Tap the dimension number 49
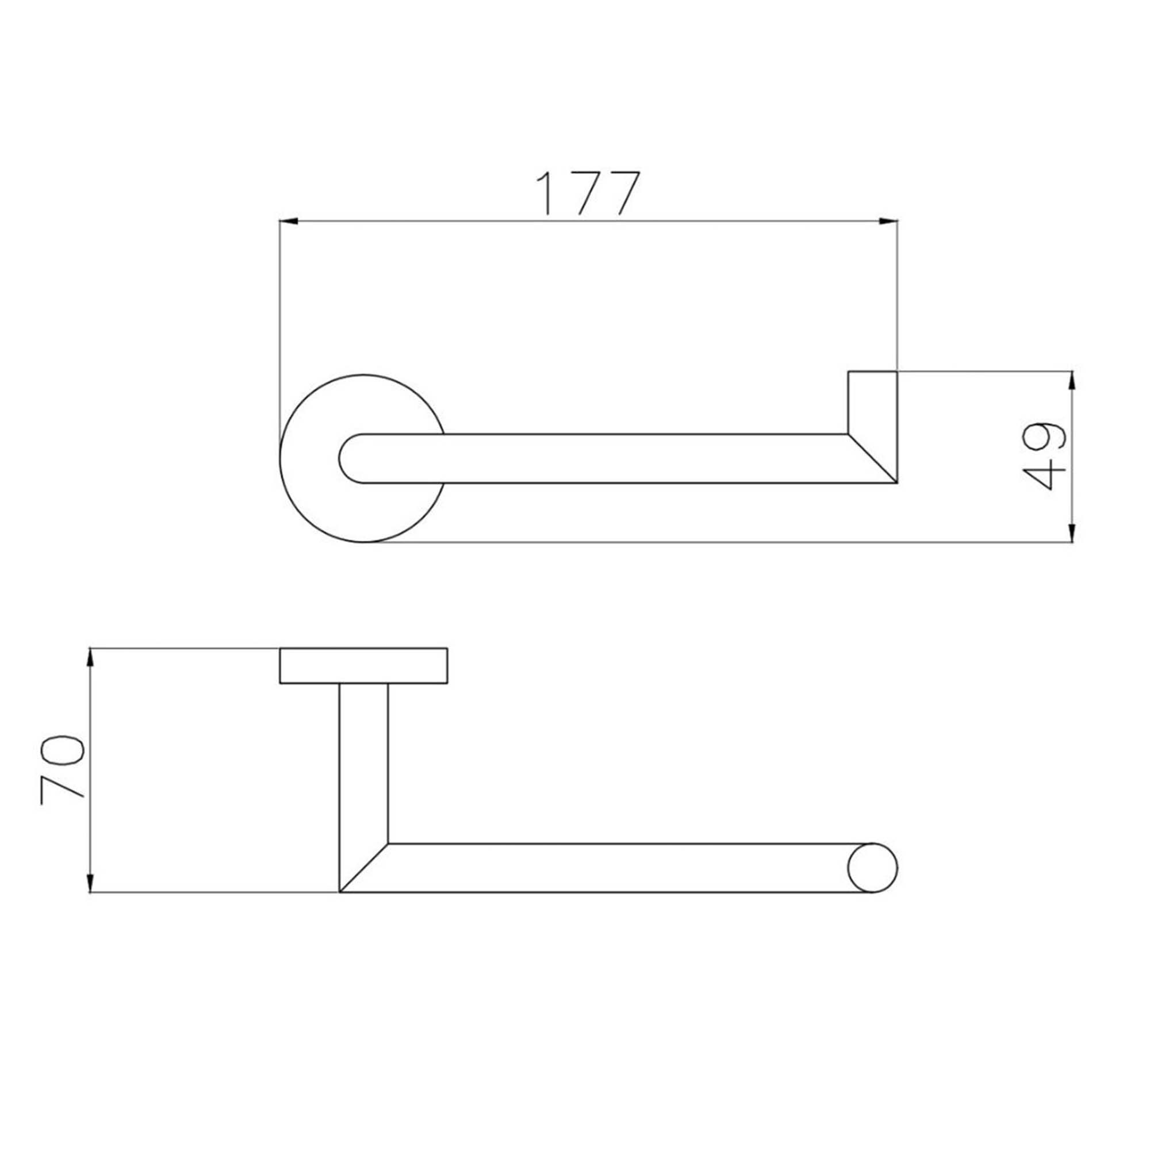pos(1044,457)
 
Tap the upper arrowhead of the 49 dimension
pos(1072,379)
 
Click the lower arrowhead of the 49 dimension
pos(1072,534)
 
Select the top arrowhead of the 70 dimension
pos(90,657)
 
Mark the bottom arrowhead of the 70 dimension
pos(90,883)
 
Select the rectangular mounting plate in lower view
pos(363,665)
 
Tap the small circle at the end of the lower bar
pos(872,867)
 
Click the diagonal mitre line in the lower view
pos(364,867)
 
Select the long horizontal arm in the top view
pos(625,458)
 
